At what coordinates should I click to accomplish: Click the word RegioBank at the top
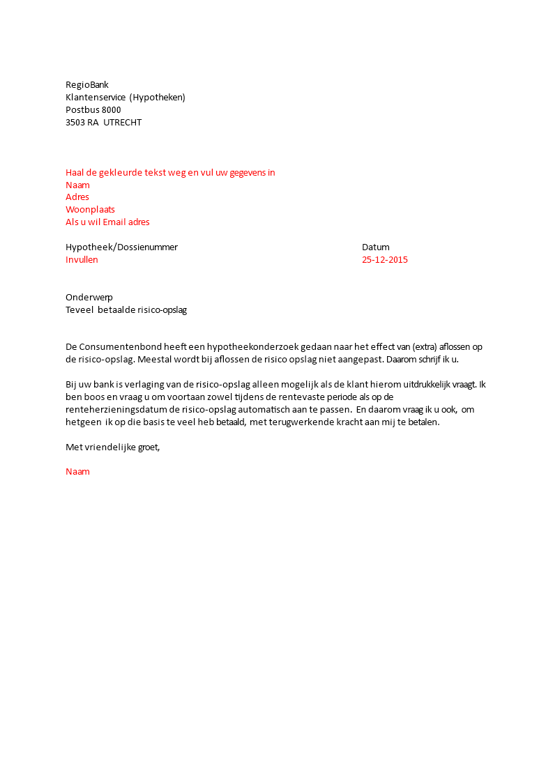point(87,85)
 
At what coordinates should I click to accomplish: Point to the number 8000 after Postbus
point(111,110)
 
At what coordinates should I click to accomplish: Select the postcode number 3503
point(75,123)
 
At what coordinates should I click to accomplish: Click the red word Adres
point(77,197)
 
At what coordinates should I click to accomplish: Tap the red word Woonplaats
point(90,210)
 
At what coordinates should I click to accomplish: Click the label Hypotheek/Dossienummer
point(121,247)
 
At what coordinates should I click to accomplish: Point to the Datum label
point(376,247)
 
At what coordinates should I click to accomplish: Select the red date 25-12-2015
point(385,260)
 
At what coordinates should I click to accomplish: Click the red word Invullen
point(82,260)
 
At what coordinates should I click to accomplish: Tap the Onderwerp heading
point(89,298)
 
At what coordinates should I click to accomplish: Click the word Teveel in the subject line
point(79,310)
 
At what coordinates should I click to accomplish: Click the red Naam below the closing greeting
point(77,472)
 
